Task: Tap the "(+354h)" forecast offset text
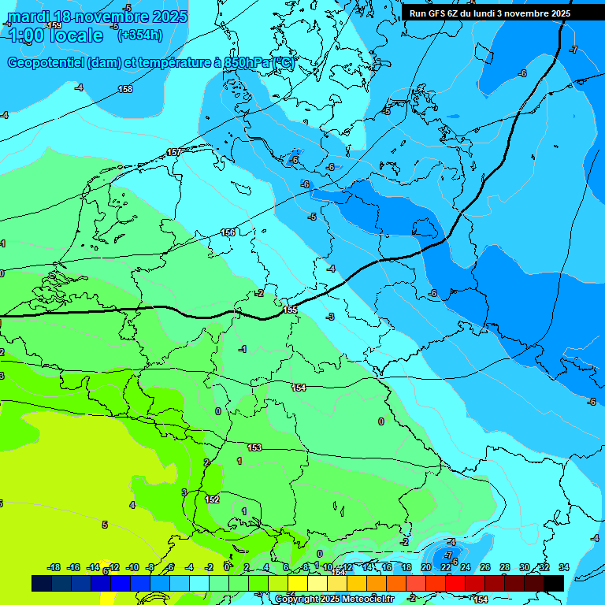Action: [x=139, y=35]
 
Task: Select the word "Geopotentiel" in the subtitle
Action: [x=46, y=63]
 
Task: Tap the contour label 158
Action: [x=125, y=89]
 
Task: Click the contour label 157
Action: [x=174, y=152]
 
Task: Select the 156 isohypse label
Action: [x=228, y=232]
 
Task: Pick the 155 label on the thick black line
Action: [x=290, y=310]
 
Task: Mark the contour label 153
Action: [x=254, y=447]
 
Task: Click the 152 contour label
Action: [x=212, y=499]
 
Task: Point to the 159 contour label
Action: [x=54, y=25]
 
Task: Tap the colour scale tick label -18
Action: [x=54, y=567]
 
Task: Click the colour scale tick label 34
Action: [x=563, y=567]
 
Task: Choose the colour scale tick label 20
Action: [x=426, y=567]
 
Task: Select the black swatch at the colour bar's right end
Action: [x=553, y=583]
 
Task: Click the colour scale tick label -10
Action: [x=132, y=567]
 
